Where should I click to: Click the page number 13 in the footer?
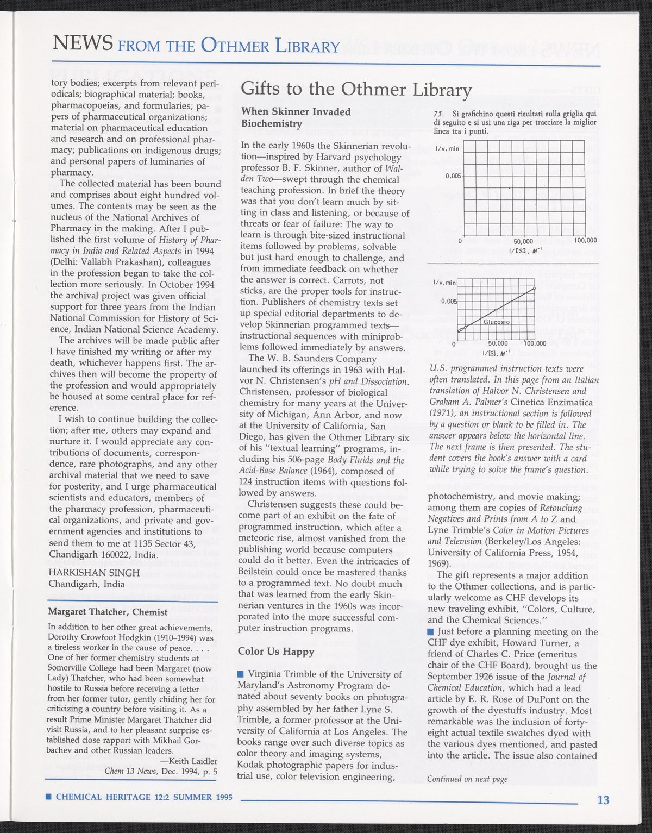[603, 800]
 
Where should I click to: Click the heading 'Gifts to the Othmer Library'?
[356, 89]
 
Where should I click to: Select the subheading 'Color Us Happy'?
[276, 652]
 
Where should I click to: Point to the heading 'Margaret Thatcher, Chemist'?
[108, 612]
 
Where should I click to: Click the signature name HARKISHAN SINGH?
[94, 573]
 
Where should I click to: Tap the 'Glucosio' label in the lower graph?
[497, 322]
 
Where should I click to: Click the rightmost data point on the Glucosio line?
[535, 288]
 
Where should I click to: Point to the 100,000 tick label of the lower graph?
[535, 343]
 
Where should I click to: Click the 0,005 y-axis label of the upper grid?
[453, 176]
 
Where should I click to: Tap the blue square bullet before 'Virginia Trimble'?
[241, 675]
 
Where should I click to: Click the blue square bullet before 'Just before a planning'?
[430, 631]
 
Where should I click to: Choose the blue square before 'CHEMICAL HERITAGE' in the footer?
[48, 797]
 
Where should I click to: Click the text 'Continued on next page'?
[467, 779]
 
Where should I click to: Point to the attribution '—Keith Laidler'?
[189, 761]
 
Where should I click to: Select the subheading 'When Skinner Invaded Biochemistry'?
[296, 117]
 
